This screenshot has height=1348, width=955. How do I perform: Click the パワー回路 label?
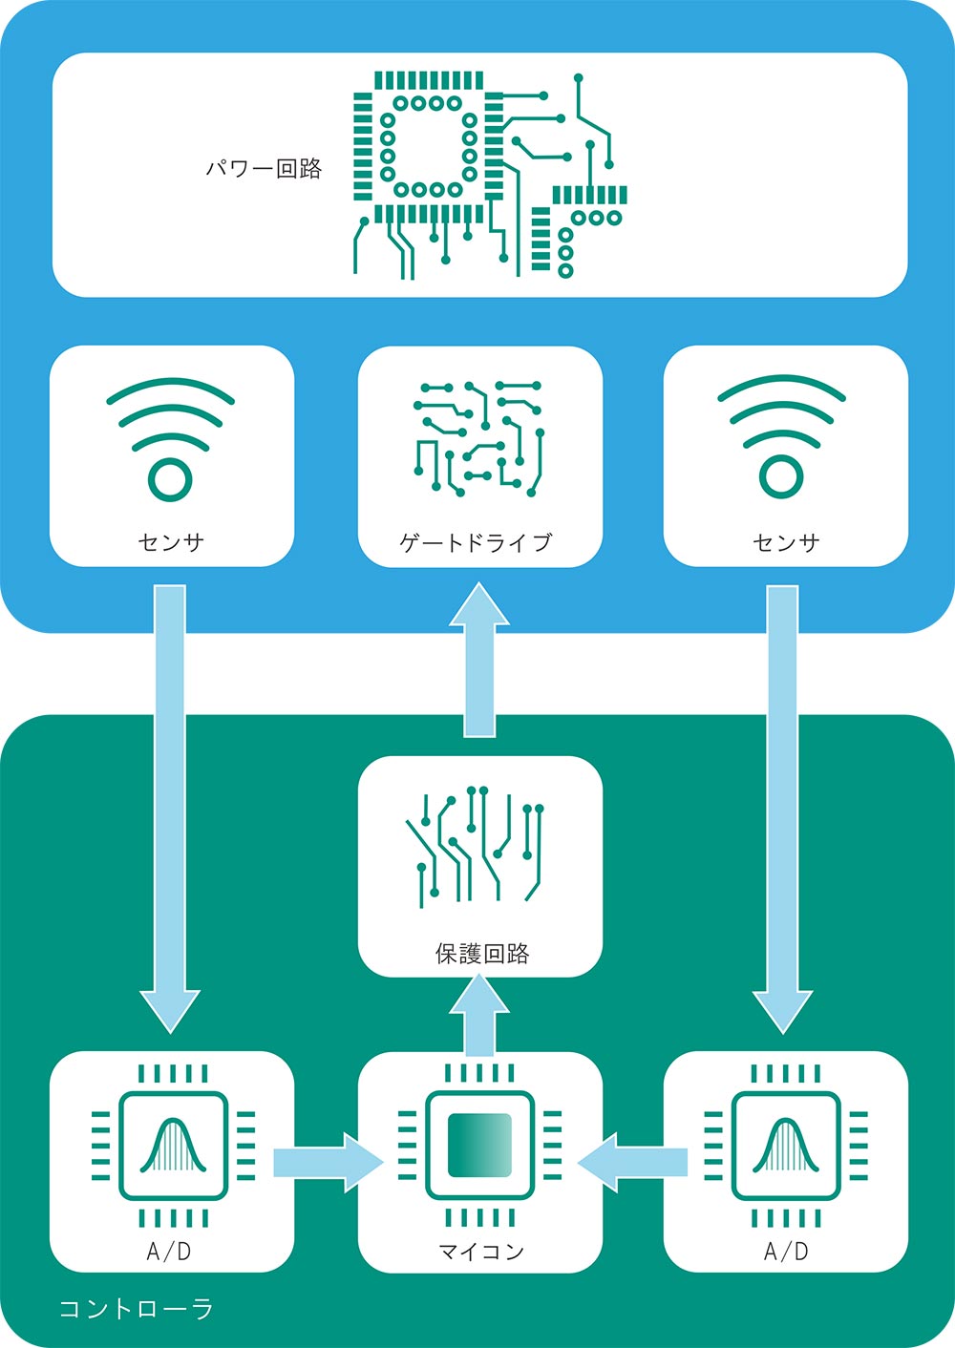pyautogui.click(x=265, y=170)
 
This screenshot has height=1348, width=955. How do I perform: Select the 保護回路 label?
pyautogui.click(x=481, y=954)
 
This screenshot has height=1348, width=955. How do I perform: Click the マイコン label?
pyautogui.click(x=481, y=1251)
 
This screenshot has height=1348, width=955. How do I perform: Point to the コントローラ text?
pyautogui.click(x=136, y=1308)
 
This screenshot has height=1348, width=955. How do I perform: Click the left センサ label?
pyautogui.click(x=171, y=542)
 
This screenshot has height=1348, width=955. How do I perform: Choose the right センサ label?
pyautogui.click(x=786, y=542)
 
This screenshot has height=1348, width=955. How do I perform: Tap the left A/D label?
pyautogui.click(x=169, y=1251)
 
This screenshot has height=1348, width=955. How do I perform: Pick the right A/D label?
pyautogui.click(x=786, y=1251)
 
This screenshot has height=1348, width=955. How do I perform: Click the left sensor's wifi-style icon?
pyautogui.click(x=170, y=439)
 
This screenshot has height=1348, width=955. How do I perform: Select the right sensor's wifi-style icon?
pyautogui.click(x=782, y=439)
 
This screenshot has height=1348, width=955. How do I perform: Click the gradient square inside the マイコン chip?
pyautogui.click(x=479, y=1145)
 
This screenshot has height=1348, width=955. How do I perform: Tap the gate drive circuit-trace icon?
pyautogui.click(x=479, y=439)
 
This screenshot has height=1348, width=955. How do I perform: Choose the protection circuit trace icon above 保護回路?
pyautogui.click(x=477, y=845)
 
